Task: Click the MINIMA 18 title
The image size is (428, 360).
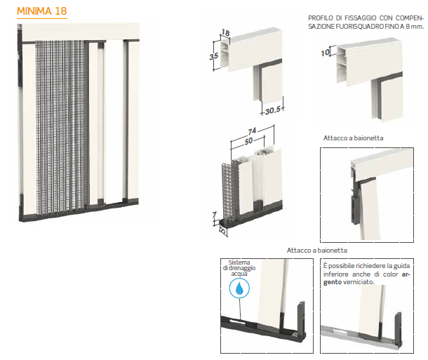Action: click(42, 11)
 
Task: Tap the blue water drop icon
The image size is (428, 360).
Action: click(239, 288)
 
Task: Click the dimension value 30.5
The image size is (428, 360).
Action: click(273, 110)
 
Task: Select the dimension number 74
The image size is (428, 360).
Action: click(252, 131)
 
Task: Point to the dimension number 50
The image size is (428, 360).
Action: click(248, 141)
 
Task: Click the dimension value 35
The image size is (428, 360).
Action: click(214, 56)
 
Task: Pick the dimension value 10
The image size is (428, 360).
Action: click(326, 53)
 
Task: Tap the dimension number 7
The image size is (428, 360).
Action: click(214, 215)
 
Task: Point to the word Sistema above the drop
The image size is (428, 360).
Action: click(239, 262)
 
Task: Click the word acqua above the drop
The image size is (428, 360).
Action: click(239, 274)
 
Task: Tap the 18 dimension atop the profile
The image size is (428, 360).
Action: click(225, 33)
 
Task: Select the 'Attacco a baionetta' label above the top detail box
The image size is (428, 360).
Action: click(353, 138)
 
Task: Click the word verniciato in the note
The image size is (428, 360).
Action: click(359, 282)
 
